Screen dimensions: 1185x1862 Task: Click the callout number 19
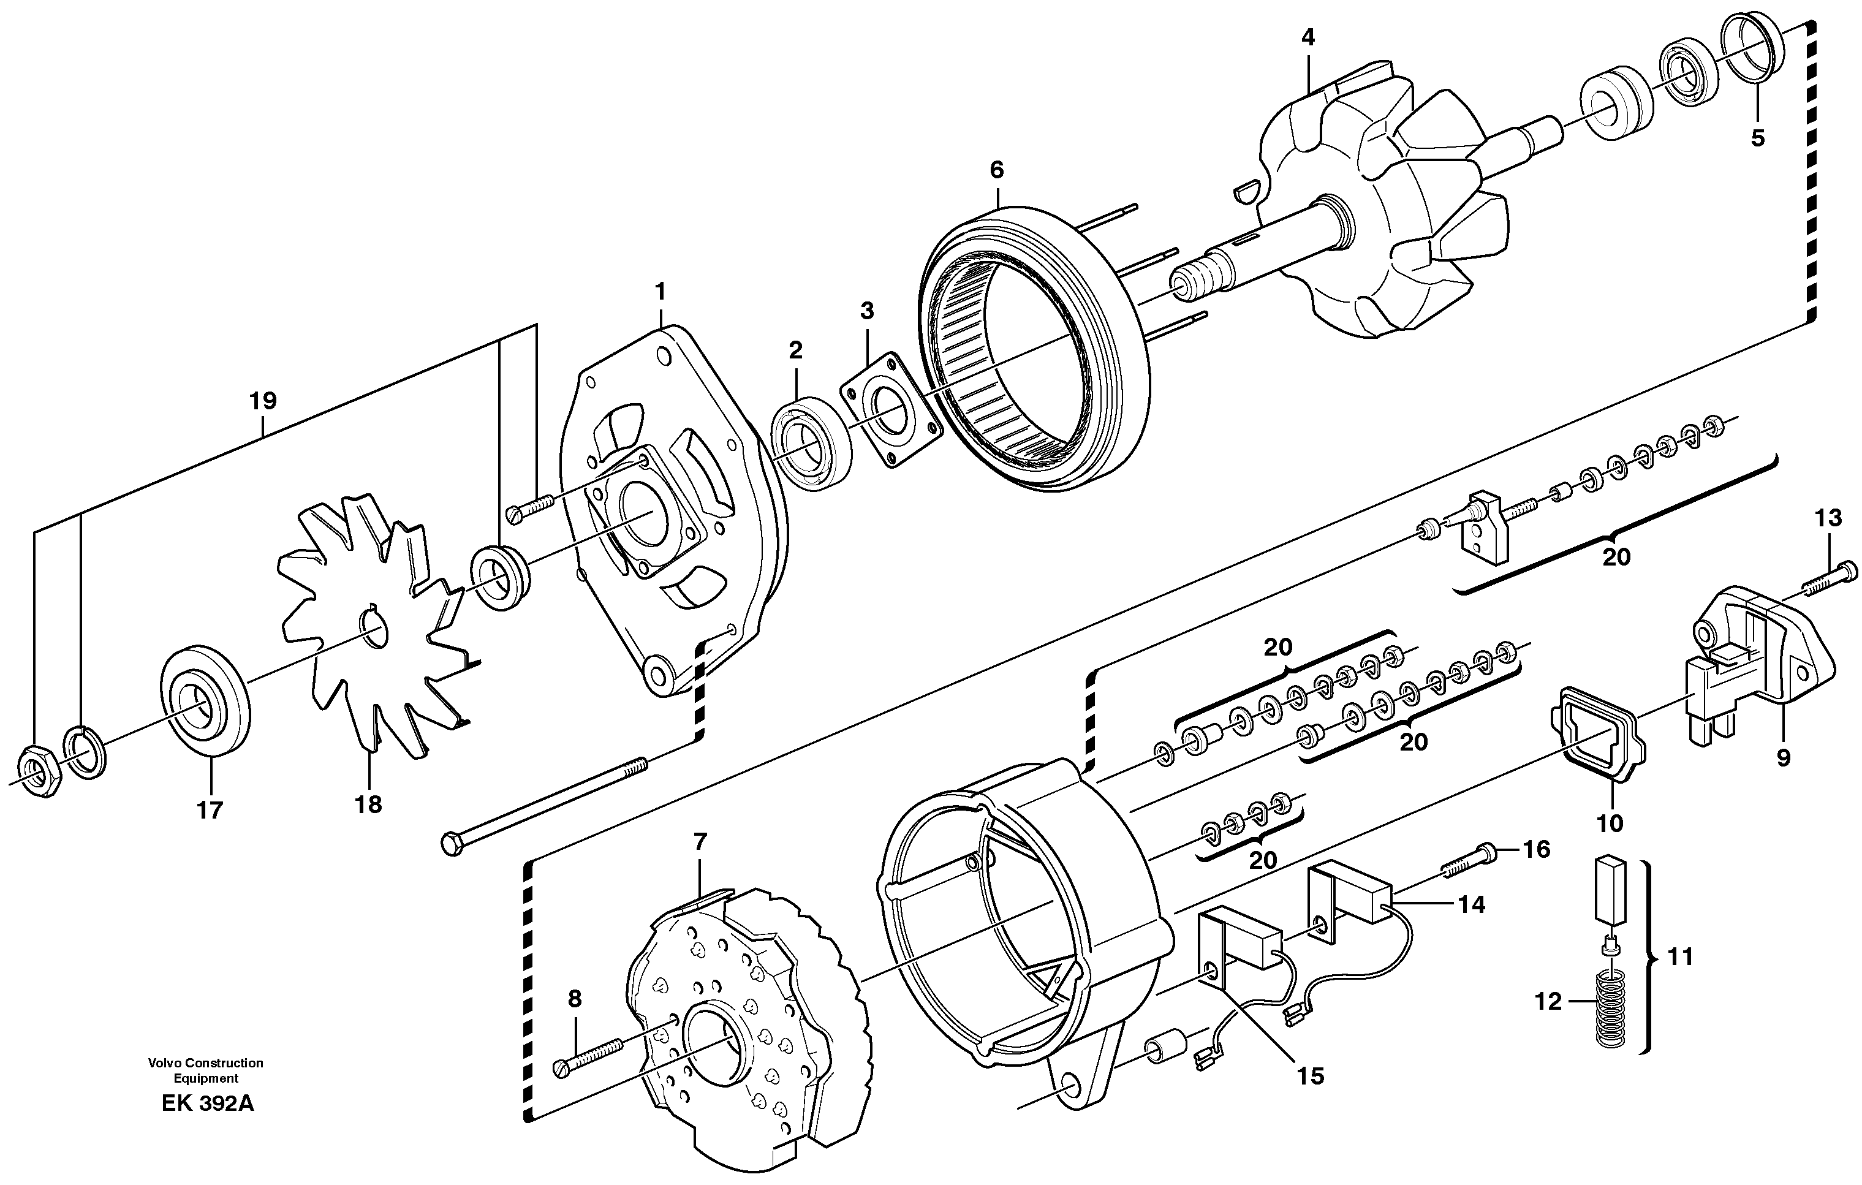(263, 401)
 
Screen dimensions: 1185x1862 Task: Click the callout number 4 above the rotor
(1308, 37)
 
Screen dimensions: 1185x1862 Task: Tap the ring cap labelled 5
(1753, 47)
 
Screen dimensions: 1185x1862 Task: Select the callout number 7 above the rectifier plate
(700, 841)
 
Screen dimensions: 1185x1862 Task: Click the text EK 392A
(207, 1104)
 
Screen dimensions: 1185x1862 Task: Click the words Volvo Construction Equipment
(206, 1070)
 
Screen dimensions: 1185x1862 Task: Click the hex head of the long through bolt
(452, 843)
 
